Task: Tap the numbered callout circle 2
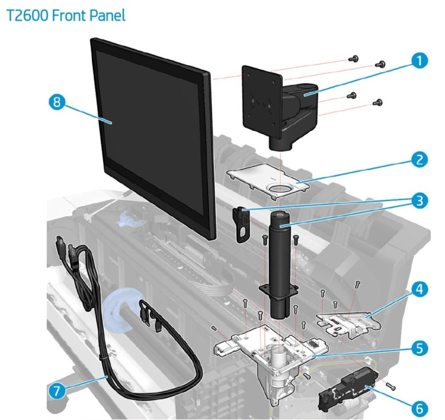coord(419,160)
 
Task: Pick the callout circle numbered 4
coord(419,290)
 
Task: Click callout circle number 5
coord(419,348)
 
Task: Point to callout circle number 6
coord(419,408)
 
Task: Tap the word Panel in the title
coord(108,16)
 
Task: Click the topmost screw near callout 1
coord(353,58)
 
